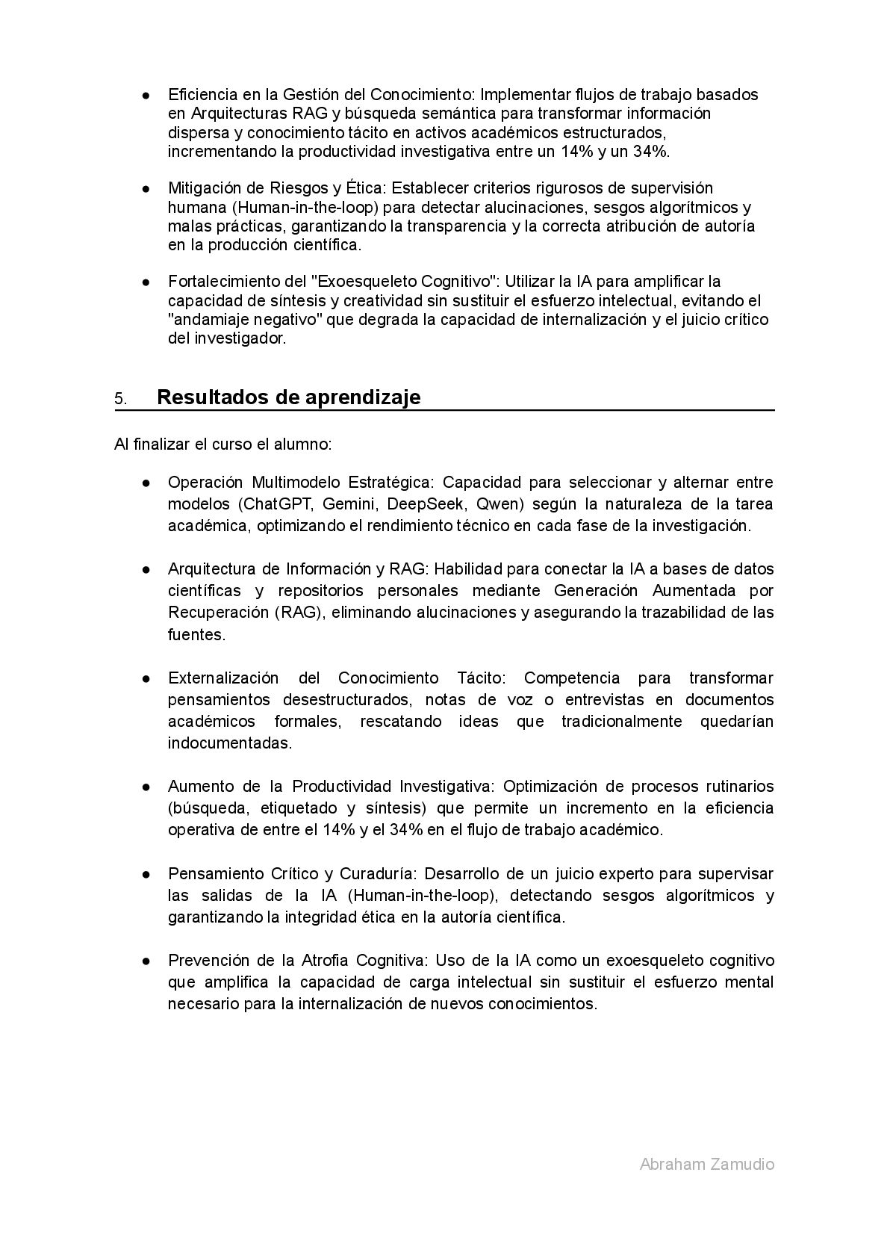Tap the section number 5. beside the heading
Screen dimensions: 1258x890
point(120,399)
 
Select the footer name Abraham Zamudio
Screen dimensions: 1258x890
point(706,1164)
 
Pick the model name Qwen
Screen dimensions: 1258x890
point(493,503)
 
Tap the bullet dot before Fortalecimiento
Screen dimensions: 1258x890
point(148,282)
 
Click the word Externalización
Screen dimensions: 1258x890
point(223,678)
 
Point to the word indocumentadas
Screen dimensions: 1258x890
point(229,743)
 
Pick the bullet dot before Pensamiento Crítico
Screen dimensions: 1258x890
point(148,874)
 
